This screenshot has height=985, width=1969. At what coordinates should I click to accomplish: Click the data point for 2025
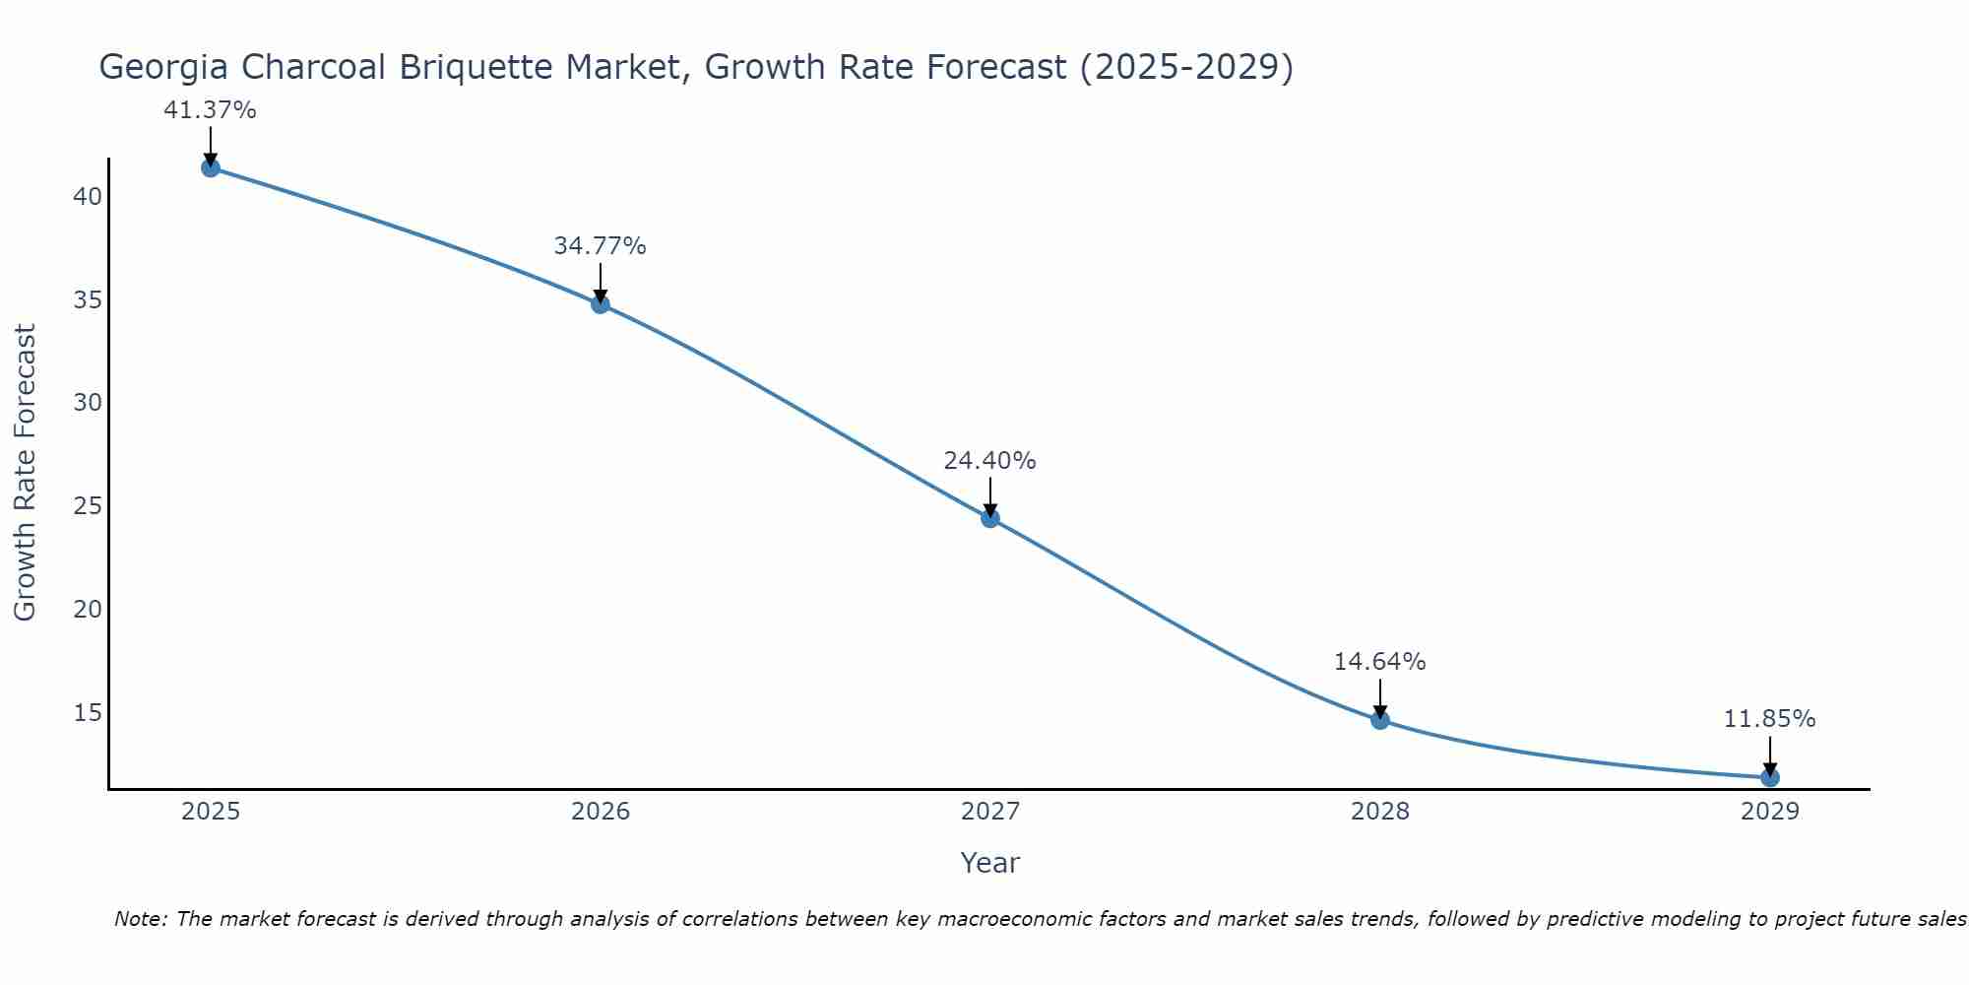tap(211, 167)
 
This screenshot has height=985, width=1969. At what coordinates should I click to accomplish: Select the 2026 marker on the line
tap(601, 303)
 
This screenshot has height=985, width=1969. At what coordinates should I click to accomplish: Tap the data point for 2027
tap(990, 518)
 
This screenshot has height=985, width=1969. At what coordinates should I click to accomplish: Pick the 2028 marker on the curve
tap(1380, 720)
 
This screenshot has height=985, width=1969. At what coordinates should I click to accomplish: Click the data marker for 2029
tap(1770, 777)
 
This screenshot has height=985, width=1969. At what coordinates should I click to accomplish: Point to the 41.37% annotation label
tap(210, 110)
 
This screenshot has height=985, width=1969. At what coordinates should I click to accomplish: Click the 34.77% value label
tap(600, 246)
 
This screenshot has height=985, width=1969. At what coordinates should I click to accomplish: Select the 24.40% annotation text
tap(989, 461)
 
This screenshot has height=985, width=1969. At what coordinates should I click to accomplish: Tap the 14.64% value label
tap(1379, 662)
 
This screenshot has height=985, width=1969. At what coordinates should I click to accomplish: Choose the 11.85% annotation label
tap(1769, 719)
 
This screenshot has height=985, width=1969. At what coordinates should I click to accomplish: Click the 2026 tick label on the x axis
tap(601, 812)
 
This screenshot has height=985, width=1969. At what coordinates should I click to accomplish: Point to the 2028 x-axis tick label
tap(1380, 812)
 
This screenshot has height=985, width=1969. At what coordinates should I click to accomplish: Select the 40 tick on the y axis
tap(88, 197)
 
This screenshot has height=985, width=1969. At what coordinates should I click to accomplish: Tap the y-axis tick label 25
tap(88, 506)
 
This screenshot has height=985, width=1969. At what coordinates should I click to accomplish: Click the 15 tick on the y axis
tap(88, 712)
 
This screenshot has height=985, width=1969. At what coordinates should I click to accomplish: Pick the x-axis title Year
tap(989, 863)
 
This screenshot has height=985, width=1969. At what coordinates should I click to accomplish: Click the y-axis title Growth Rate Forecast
tap(25, 472)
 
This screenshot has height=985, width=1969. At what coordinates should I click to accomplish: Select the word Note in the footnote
tap(139, 919)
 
